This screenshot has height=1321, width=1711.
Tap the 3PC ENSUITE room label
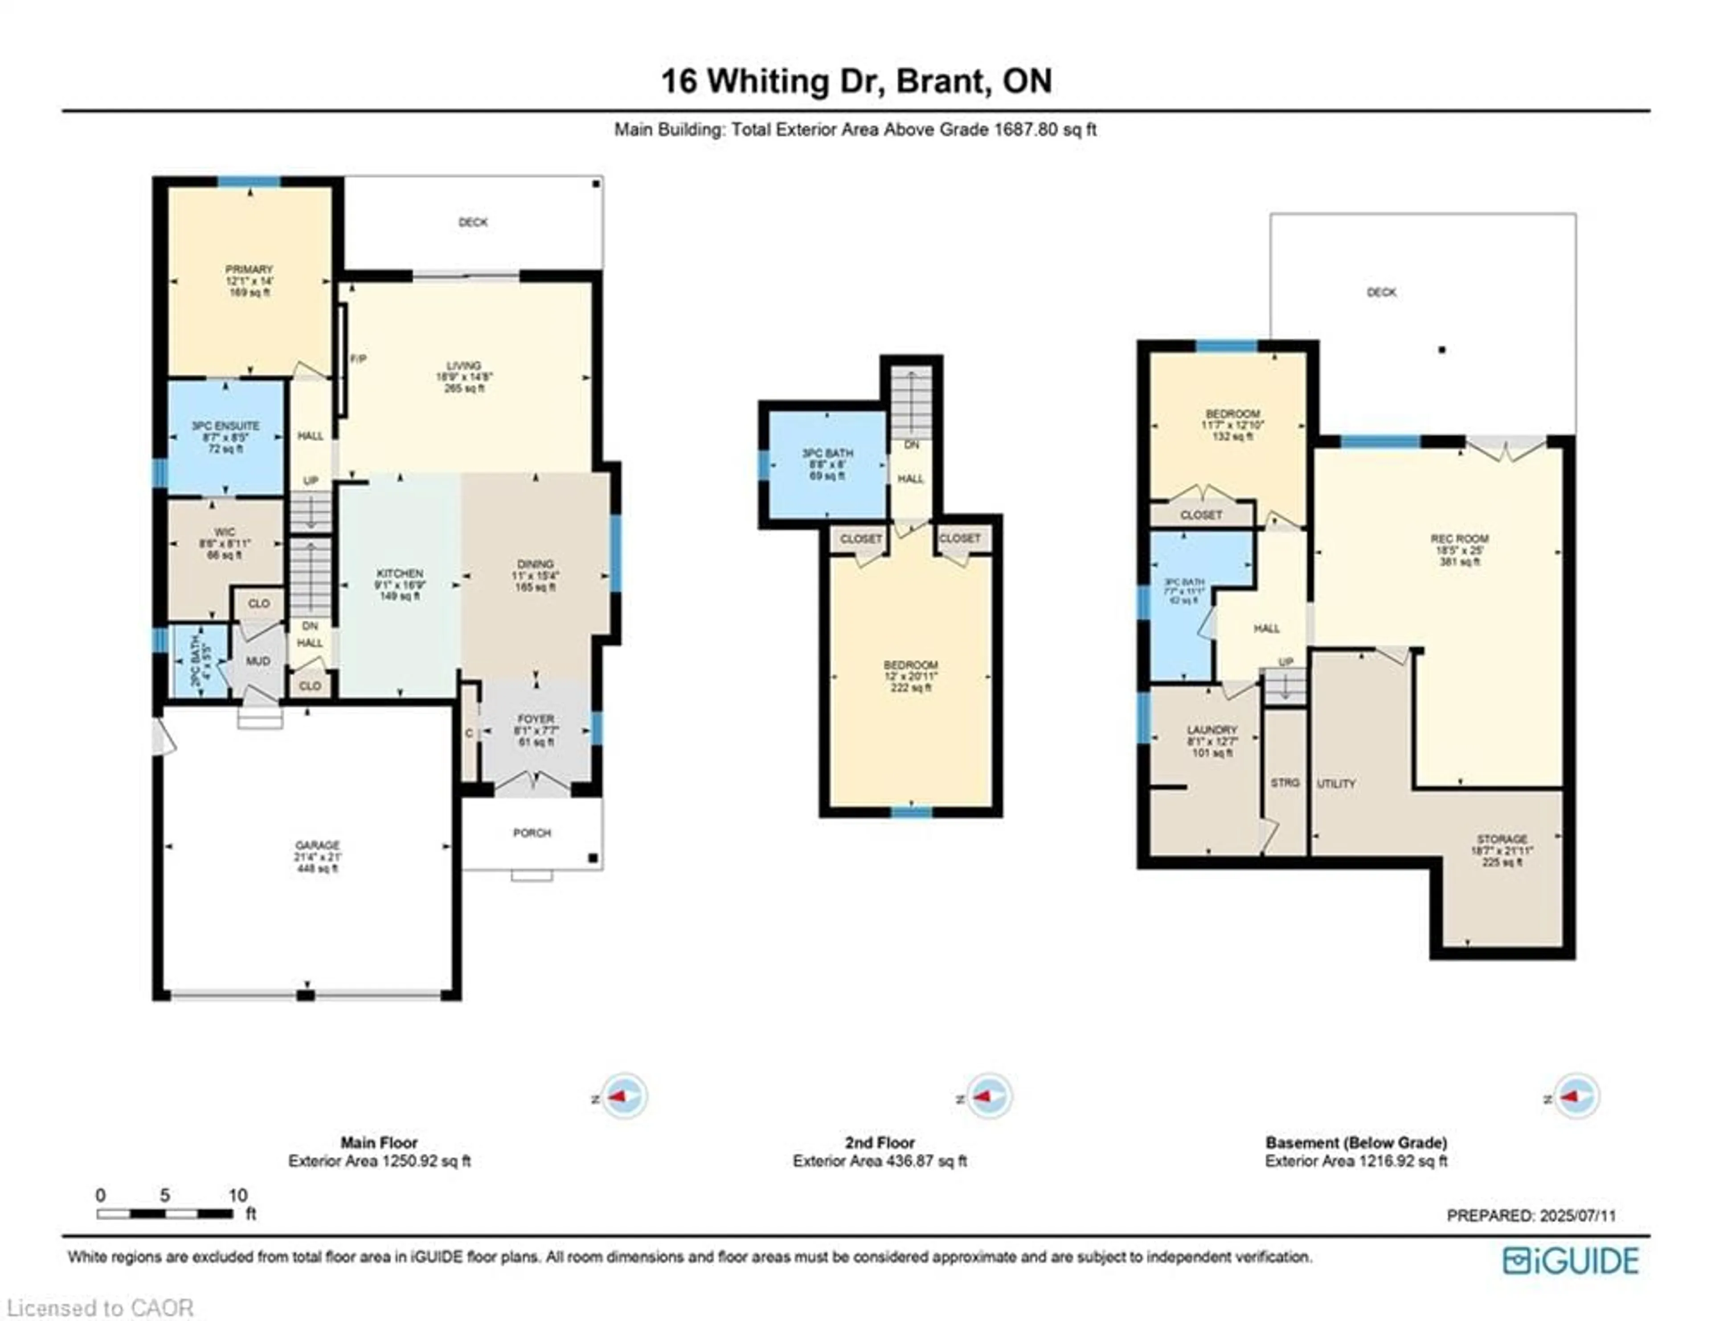(x=225, y=426)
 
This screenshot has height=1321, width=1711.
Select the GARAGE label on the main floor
(x=317, y=845)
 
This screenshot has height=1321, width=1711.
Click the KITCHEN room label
(x=400, y=574)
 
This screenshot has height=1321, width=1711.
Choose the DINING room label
(x=535, y=564)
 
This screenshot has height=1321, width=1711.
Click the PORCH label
(x=532, y=833)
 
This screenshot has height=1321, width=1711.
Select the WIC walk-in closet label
(x=225, y=532)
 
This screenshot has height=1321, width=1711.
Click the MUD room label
(x=258, y=661)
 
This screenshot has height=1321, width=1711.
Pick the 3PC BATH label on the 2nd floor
(x=827, y=453)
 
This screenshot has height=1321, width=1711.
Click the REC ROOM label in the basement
(x=1460, y=539)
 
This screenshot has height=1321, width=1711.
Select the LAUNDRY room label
(x=1212, y=730)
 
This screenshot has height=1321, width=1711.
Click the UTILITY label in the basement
(x=1336, y=784)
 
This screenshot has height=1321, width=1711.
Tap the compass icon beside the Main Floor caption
(x=624, y=1096)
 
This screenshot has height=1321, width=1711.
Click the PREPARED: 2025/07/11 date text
(x=1531, y=1216)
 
